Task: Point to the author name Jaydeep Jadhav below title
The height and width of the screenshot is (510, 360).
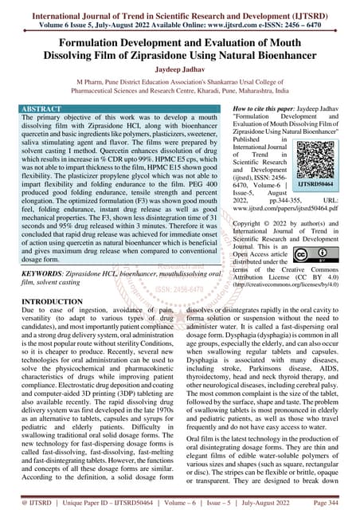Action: click(x=179, y=69)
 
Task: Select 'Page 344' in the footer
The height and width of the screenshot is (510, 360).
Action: click(x=336, y=504)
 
